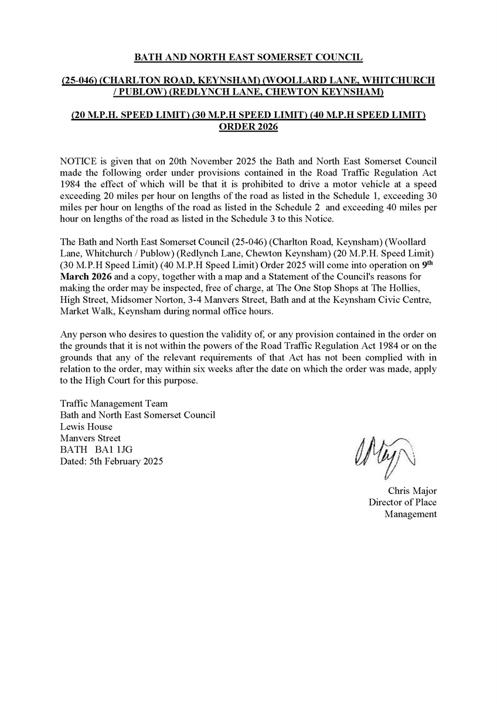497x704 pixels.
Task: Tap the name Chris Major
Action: click(412, 490)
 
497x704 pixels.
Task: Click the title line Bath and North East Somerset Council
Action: click(249, 57)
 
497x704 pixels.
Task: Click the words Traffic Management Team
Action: click(114, 404)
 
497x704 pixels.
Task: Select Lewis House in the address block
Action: click(86, 427)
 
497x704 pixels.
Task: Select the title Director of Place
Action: click(402, 502)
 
